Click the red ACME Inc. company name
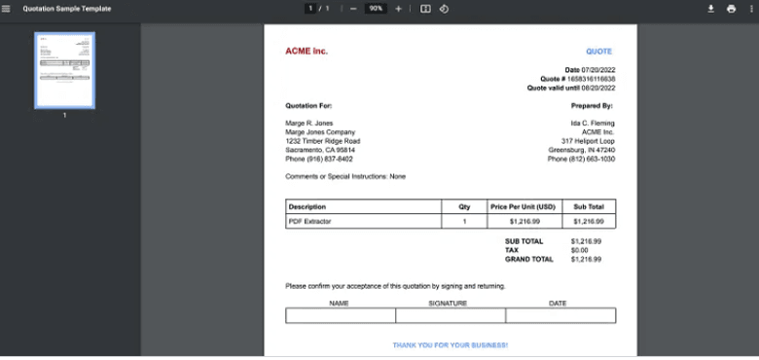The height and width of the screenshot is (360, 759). (307, 51)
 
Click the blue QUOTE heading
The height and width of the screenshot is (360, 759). (598, 52)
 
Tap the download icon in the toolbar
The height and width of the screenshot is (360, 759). (710, 9)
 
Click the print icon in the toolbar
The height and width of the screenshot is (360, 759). (731, 9)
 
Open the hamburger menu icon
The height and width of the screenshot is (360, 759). (7, 9)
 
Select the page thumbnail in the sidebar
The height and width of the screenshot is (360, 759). (65, 70)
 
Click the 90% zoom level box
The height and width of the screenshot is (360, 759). (376, 9)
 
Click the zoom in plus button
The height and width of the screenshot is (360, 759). (398, 9)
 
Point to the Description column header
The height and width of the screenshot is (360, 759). (307, 206)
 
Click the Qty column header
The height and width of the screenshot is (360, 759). (464, 206)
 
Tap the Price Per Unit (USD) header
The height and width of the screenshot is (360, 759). (523, 206)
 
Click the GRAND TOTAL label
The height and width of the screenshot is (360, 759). (528, 259)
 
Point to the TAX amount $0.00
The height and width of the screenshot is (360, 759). (580, 250)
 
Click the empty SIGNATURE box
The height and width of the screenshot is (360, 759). (451, 315)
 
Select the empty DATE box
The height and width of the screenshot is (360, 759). (560, 315)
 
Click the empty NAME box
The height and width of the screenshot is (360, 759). (341, 315)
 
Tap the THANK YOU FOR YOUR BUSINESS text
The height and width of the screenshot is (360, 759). (450, 345)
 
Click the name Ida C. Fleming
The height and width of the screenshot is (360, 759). (593, 124)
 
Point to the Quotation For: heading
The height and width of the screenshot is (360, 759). (308, 105)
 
